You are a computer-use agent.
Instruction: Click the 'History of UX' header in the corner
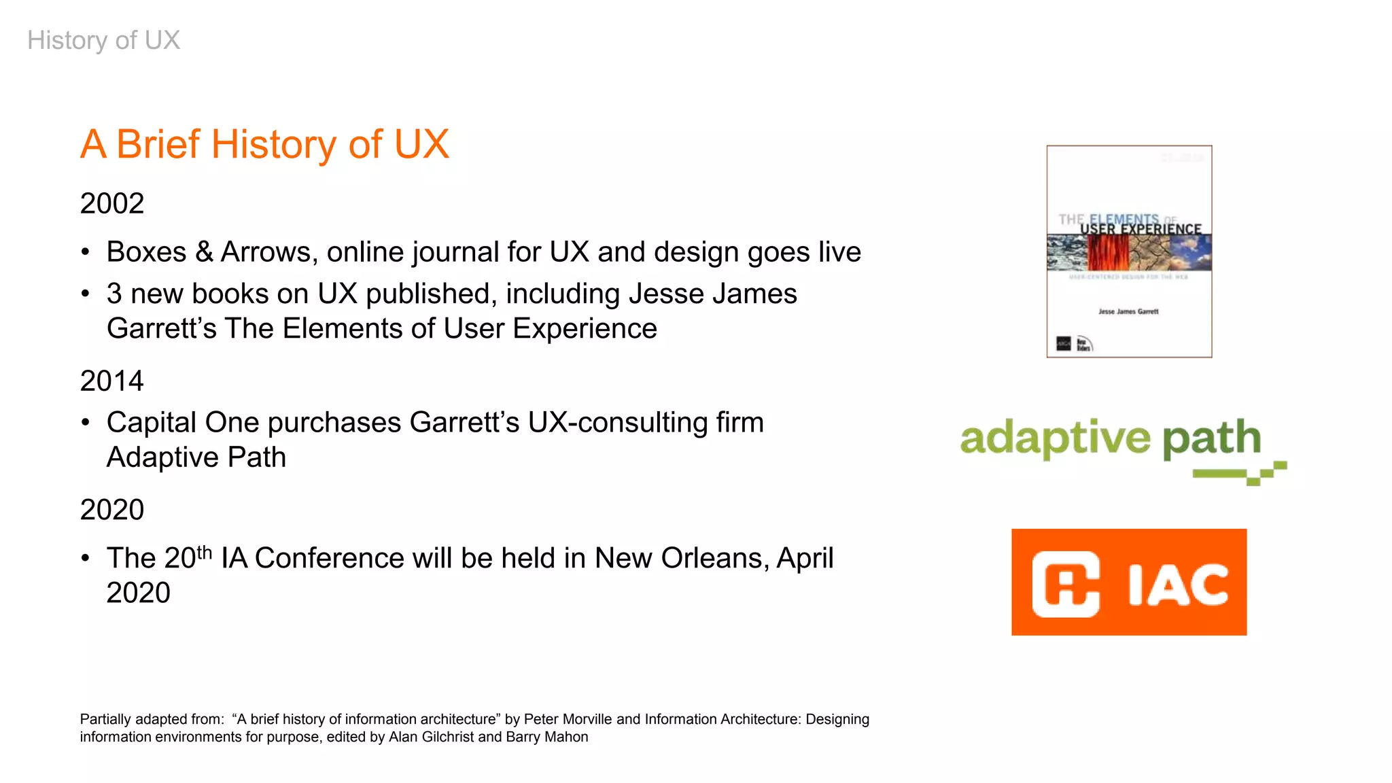[103, 40]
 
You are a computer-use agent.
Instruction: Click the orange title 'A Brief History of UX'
[264, 144]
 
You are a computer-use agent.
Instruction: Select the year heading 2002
[112, 203]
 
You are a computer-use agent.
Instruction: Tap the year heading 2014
[112, 381]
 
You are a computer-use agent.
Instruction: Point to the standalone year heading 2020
[112, 510]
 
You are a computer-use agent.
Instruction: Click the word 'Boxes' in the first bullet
[146, 252]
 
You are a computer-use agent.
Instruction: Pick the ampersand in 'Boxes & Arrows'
[204, 252]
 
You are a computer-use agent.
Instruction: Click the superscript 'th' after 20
[205, 552]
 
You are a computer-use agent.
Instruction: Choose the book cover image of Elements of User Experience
[1129, 251]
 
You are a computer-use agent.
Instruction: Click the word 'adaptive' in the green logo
[1055, 438]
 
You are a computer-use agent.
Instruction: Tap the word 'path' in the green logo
[1211, 438]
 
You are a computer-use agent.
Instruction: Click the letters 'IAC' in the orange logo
[1178, 584]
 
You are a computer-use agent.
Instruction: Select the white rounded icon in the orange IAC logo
[1066, 584]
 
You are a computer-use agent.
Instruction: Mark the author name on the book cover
[1128, 311]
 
